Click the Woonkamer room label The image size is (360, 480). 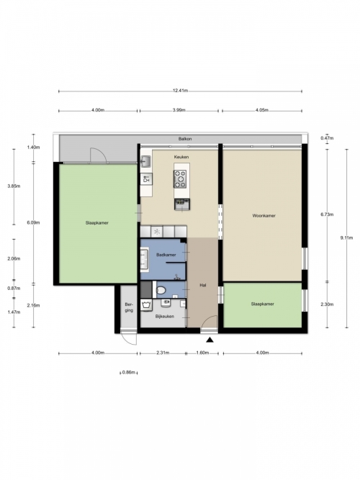(x=264, y=215)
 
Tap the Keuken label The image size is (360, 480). (x=181, y=157)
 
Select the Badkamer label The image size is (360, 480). (x=166, y=255)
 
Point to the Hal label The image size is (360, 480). (x=203, y=285)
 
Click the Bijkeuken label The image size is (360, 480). (x=165, y=316)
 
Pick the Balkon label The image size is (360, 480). (x=185, y=139)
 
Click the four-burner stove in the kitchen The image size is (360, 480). (x=180, y=178)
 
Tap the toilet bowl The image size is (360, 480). (x=161, y=289)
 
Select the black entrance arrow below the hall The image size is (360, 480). (x=210, y=340)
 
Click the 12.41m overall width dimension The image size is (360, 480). (x=180, y=91)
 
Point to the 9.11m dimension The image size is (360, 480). (x=347, y=237)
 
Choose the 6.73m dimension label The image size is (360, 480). (x=327, y=214)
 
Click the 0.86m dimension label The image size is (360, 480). (x=129, y=373)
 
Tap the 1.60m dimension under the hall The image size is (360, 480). (x=202, y=353)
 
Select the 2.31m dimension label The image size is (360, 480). (x=163, y=353)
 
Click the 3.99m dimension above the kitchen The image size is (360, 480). (x=179, y=110)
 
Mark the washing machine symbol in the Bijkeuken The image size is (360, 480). (x=146, y=305)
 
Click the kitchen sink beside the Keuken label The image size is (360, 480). (x=145, y=161)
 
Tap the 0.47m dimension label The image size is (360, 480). (x=327, y=138)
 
